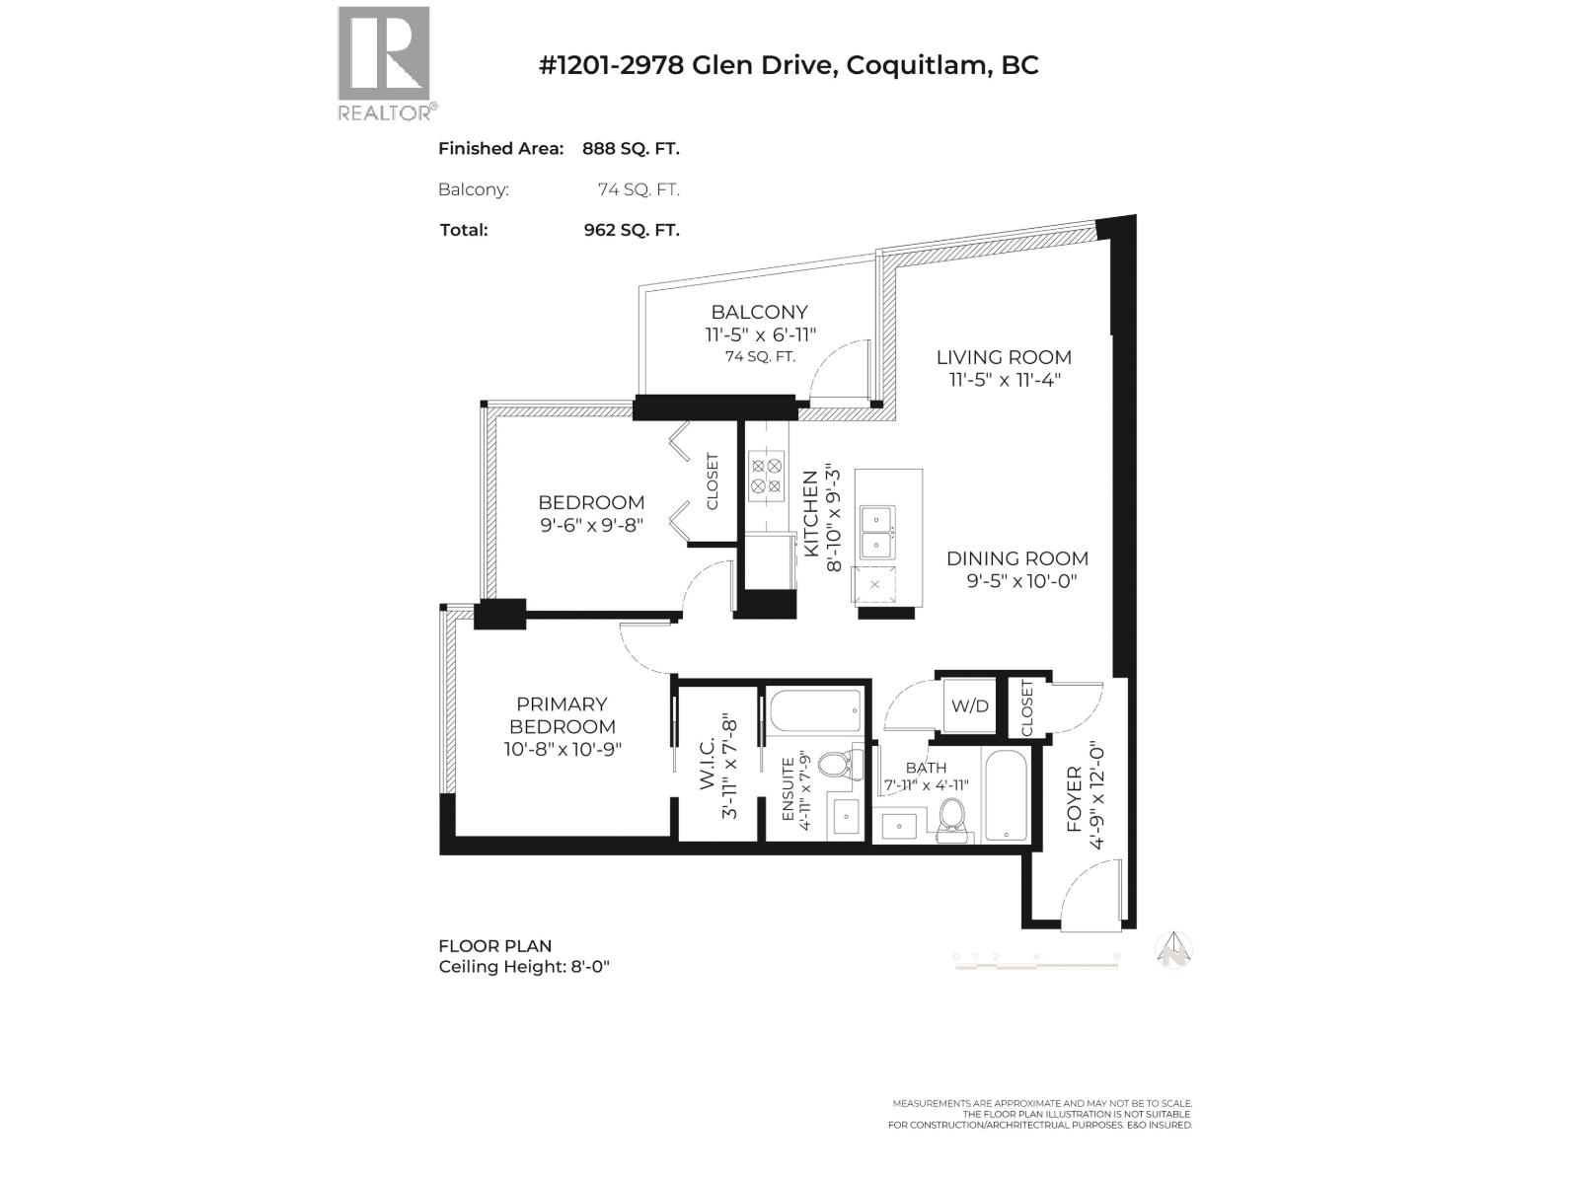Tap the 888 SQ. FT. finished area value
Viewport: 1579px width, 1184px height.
(x=631, y=149)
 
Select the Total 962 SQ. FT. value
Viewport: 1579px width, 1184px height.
(x=631, y=230)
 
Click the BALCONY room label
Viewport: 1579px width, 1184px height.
(x=759, y=313)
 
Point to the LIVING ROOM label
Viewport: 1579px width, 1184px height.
(x=1004, y=357)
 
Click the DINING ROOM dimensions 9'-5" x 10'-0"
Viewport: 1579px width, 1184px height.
(x=1020, y=581)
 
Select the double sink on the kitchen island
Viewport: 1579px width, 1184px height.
(x=874, y=533)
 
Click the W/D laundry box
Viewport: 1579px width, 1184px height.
(x=969, y=706)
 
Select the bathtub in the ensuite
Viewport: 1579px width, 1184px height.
(x=815, y=708)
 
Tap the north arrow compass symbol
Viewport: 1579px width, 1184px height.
(x=1174, y=949)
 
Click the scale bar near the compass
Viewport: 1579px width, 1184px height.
(x=1036, y=961)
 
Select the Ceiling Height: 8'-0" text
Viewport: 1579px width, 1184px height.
(x=524, y=967)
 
